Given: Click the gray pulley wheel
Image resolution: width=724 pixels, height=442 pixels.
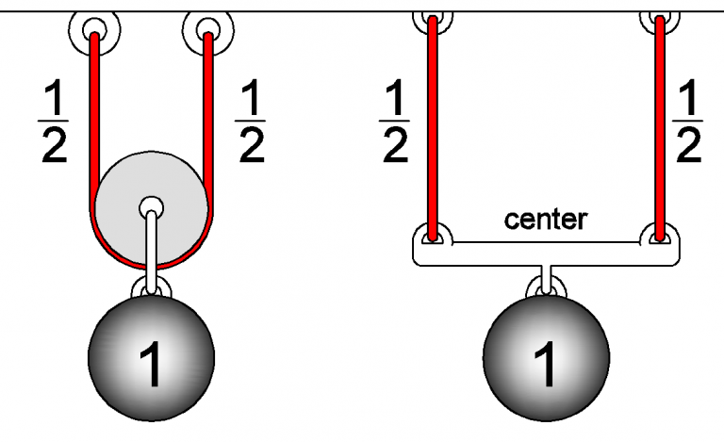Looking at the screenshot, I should (x=179, y=188).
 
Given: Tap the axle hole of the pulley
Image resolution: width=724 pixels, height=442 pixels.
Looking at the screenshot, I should (x=151, y=206).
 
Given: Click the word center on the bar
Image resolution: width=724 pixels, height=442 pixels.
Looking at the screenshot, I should (x=546, y=220).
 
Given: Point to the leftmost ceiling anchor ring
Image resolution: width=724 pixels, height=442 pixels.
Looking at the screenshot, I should (x=94, y=32).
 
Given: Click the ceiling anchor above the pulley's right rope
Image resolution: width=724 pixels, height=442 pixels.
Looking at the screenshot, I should (x=206, y=32).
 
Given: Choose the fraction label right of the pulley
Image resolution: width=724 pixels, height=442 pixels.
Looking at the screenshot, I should (x=250, y=123).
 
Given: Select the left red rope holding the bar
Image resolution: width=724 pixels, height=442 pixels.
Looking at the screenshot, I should (x=433, y=123).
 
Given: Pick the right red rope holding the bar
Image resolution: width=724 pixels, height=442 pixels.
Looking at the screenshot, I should (x=660, y=123).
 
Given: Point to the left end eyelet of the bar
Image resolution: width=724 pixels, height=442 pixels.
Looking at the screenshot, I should (x=433, y=237).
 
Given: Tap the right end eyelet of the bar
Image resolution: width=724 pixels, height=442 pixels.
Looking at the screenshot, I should (x=660, y=237).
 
